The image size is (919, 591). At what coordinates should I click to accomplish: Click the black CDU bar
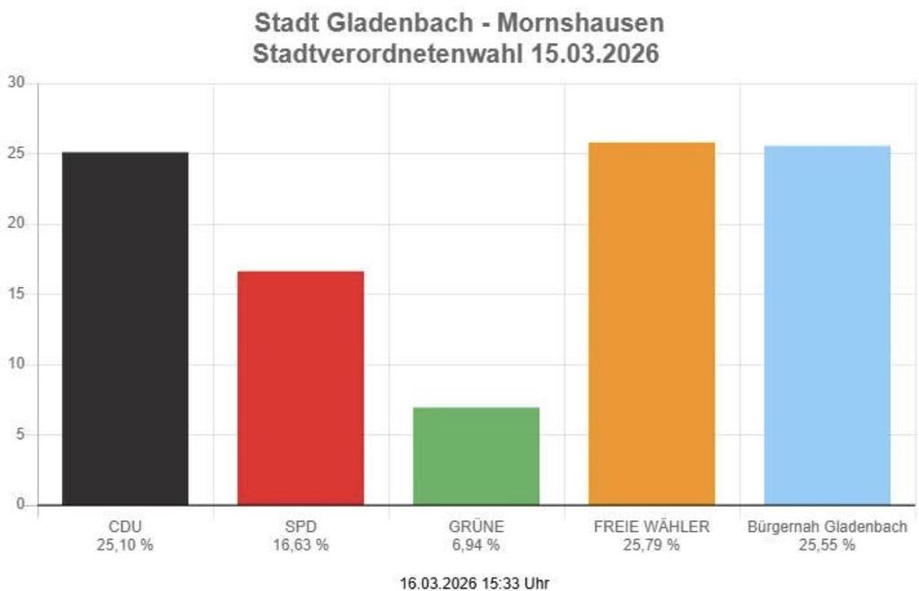pos(125,328)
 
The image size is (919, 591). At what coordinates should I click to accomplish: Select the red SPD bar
pos(301,387)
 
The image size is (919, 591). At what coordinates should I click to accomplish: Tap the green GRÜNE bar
pos(476,456)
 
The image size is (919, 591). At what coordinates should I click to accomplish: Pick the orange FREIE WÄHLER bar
pos(652,323)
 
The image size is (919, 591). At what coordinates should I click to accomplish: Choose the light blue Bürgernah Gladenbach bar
pos(827,325)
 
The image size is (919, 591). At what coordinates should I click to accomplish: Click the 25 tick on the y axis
pos(17,153)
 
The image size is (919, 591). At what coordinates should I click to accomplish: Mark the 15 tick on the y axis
pos(17,294)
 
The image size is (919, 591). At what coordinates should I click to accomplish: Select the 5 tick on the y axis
pos(21,435)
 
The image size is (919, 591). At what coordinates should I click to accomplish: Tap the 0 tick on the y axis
pos(21,505)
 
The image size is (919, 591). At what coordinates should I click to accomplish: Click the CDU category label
pos(125,526)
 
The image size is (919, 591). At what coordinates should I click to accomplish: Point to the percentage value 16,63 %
pos(301,544)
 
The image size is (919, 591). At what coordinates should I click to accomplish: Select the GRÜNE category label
pos(476,526)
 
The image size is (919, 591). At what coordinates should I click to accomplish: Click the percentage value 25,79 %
pos(652,544)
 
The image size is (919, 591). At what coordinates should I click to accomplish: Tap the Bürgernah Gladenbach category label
pos(827,526)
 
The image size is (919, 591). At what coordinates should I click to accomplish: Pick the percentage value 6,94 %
pos(476,544)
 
